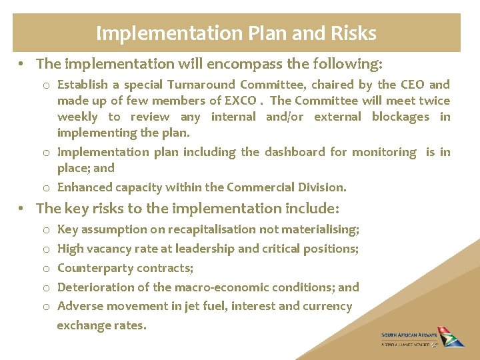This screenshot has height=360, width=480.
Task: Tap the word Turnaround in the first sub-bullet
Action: (201, 85)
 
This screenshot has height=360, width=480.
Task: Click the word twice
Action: (435, 101)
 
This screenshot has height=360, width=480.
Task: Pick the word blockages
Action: (400, 117)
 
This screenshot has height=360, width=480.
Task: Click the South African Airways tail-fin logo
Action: (453, 336)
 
